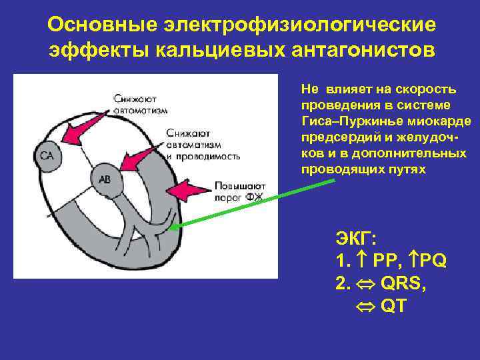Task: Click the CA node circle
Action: (x=47, y=156)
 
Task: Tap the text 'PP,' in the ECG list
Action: (x=387, y=261)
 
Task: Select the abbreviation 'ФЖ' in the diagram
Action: (x=254, y=197)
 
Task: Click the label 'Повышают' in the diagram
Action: (x=241, y=185)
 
